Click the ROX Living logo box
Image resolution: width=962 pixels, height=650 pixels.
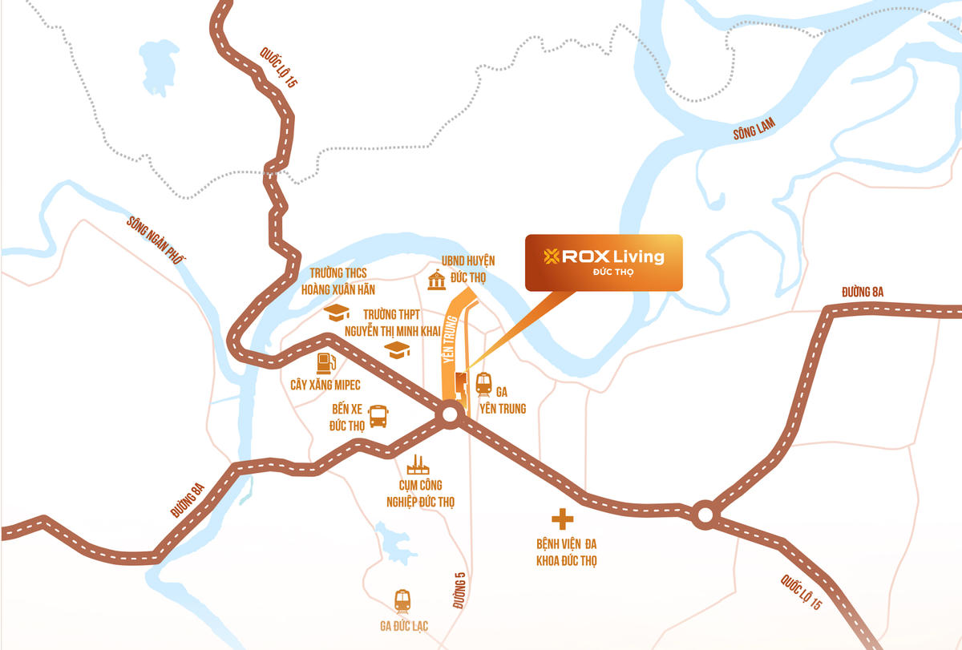[x=603, y=262]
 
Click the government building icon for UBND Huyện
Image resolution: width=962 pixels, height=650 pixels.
[x=437, y=281]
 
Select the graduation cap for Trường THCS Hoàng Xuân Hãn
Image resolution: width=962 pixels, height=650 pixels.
[x=337, y=313]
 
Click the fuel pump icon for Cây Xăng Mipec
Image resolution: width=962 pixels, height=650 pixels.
[x=325, y=363]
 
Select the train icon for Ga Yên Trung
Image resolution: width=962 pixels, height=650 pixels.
[x=483, y=385]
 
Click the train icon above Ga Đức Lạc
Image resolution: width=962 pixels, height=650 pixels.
[x=402, y=601]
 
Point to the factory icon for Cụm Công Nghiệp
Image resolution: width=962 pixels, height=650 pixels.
[x=416, y=464]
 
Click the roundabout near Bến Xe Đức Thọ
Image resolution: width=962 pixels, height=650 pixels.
[x=449, y=414]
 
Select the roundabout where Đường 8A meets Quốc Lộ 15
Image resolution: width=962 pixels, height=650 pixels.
[x=705, y=514]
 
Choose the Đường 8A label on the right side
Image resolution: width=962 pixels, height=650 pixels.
[x=862, y=292]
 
